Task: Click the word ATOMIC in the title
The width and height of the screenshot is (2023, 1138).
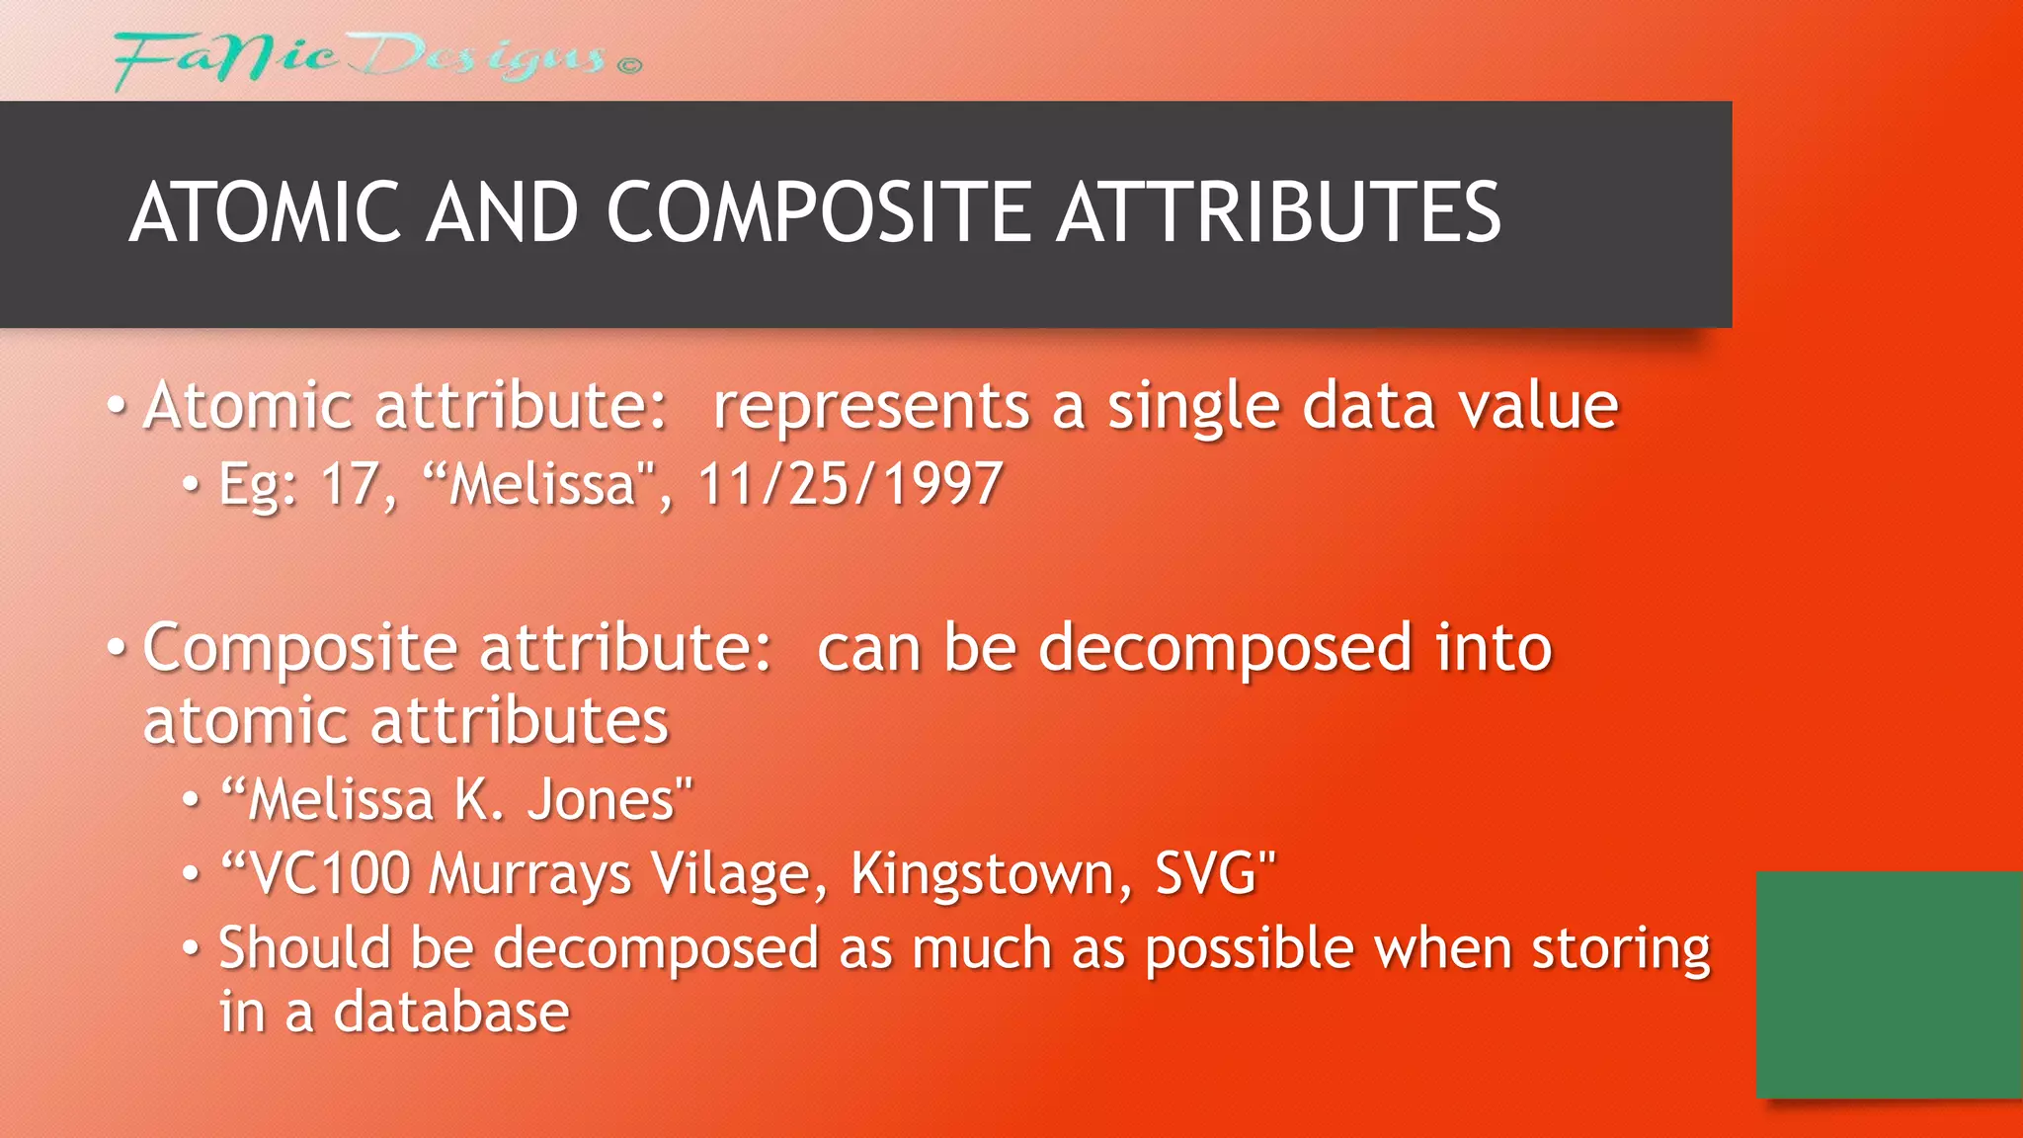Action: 265,212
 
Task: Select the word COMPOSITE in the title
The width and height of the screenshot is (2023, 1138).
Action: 818,212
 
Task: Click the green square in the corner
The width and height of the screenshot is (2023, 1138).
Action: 1889,984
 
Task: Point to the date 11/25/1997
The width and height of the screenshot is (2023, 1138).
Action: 850,484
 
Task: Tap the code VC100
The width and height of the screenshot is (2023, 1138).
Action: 329,873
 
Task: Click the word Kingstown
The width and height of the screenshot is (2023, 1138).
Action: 991,873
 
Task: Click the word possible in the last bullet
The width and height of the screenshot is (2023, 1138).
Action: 1250,949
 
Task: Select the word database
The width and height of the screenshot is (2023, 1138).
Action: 451,1013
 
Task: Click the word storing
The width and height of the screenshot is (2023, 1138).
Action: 1621,949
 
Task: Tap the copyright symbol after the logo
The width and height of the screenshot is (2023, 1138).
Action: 629,65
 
